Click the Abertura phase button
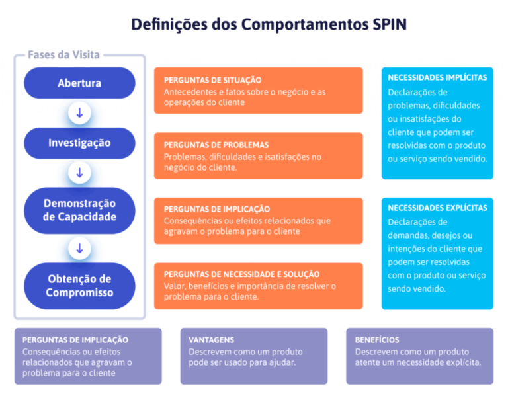79,83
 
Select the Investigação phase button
79,143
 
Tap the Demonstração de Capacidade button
79,210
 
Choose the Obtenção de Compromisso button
79,286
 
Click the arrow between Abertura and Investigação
79,113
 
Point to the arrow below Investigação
79,173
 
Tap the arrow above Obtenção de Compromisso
79,249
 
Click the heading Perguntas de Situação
212,80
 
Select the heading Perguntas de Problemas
216,145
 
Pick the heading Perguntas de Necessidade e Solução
241,274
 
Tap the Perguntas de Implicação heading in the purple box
75,340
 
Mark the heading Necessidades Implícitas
437,77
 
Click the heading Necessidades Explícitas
437,208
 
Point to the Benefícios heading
377,340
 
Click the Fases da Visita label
63,55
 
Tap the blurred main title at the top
269,24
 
